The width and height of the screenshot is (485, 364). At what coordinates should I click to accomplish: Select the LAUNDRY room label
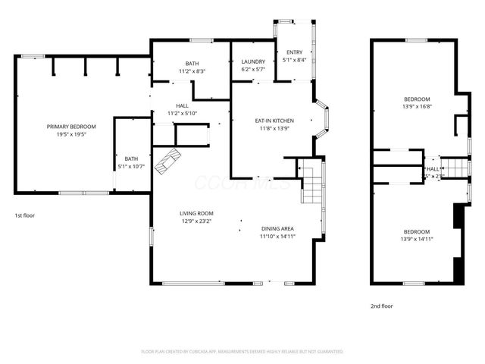point(252,61)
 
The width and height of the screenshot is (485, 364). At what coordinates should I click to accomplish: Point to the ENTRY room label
point(294,52)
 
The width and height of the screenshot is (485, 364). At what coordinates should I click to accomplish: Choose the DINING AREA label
point(277,228)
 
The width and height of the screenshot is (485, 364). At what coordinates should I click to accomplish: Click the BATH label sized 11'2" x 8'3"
point(192,63)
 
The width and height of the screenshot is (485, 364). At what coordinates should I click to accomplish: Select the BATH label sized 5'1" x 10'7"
point(132,158)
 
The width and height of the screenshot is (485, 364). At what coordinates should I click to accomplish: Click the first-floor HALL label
point(182,105)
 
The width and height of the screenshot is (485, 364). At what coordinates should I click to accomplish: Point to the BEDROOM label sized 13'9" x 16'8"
point(416,99)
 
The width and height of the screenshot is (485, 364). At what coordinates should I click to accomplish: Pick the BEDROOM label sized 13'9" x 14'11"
point(416,231)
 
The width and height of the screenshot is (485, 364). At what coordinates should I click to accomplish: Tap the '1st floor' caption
point(25,215)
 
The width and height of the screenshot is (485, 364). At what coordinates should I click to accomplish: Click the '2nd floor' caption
point(381,306)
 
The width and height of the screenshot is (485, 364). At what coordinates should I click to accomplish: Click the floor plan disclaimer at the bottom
point(242,352)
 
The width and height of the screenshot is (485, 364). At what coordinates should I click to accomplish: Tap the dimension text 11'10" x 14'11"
point(277,237)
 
